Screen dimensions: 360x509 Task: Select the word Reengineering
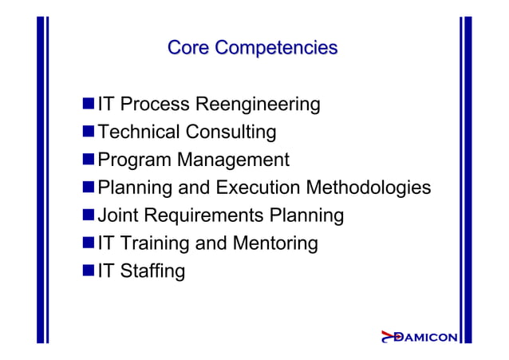click(258, 105)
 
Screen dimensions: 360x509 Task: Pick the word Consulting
click(231, 132)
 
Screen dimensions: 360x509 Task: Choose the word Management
click(234, 160)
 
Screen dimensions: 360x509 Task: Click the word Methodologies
click(370, 188)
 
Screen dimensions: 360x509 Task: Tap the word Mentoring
click(275, 243)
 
